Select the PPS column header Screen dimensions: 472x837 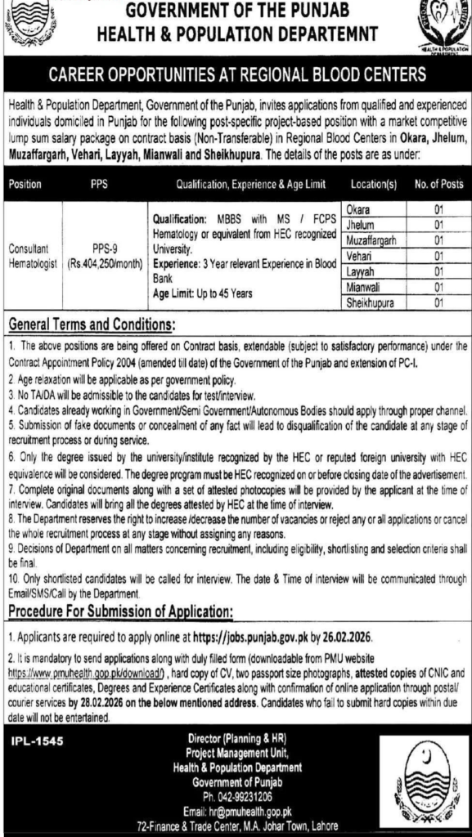99,186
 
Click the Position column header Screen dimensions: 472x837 25,186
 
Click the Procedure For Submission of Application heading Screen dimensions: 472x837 119,612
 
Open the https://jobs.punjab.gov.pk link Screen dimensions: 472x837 247,633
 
